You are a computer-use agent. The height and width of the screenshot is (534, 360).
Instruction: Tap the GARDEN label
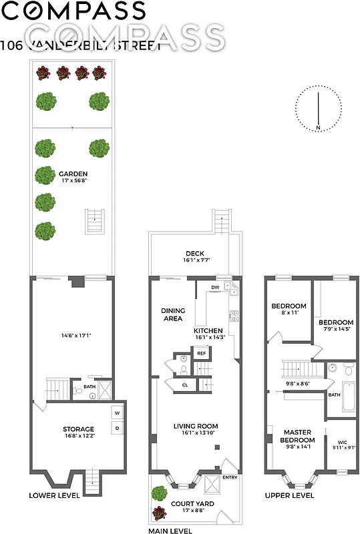click(73, 174)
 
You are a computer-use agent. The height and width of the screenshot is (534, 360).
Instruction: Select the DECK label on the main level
click(194, 254)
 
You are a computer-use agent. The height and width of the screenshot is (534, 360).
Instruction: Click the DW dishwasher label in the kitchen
click(215, 288)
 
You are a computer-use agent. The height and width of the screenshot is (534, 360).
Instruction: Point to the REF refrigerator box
click(201, 354)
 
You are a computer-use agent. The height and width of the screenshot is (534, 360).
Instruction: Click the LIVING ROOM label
click(196, 426)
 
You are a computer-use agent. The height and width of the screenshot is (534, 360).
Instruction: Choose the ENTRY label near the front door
click(230, 477)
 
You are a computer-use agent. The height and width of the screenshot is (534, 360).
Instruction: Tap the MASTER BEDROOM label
click(297, 436)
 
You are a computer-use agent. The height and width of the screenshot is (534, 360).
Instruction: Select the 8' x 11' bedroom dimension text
click(289, 312)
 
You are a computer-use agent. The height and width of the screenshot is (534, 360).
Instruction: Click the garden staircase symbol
click(96, 221)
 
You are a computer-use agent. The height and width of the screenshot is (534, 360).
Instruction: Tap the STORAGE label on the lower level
click(79, 429)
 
